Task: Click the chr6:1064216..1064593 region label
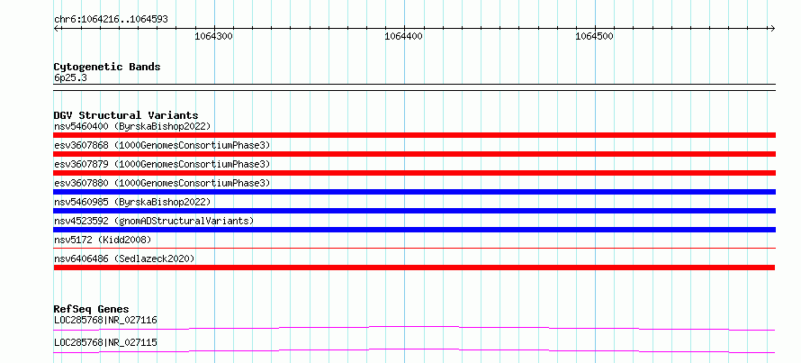[111, 20]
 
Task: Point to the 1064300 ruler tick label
[214, 36]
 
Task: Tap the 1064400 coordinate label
[403, 36]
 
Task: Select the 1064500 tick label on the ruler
[595, 36]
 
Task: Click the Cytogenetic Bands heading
[107, 67]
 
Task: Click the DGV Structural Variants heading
[126, 115]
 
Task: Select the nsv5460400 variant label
[132, 126]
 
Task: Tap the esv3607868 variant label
[162, 145]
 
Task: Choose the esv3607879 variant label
[162, 164]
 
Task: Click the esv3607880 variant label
[162, 183]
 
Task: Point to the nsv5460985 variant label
[132, 202]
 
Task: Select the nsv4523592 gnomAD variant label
[154, 221]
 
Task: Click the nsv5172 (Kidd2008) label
[103, 240]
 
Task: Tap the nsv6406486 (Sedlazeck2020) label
[124, 259]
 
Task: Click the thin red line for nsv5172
[414, 249]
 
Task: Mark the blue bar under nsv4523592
[414, 230]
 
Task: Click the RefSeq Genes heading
[92, 309]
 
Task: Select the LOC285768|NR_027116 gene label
[105, 321]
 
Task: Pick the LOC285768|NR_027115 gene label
[105, 342]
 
